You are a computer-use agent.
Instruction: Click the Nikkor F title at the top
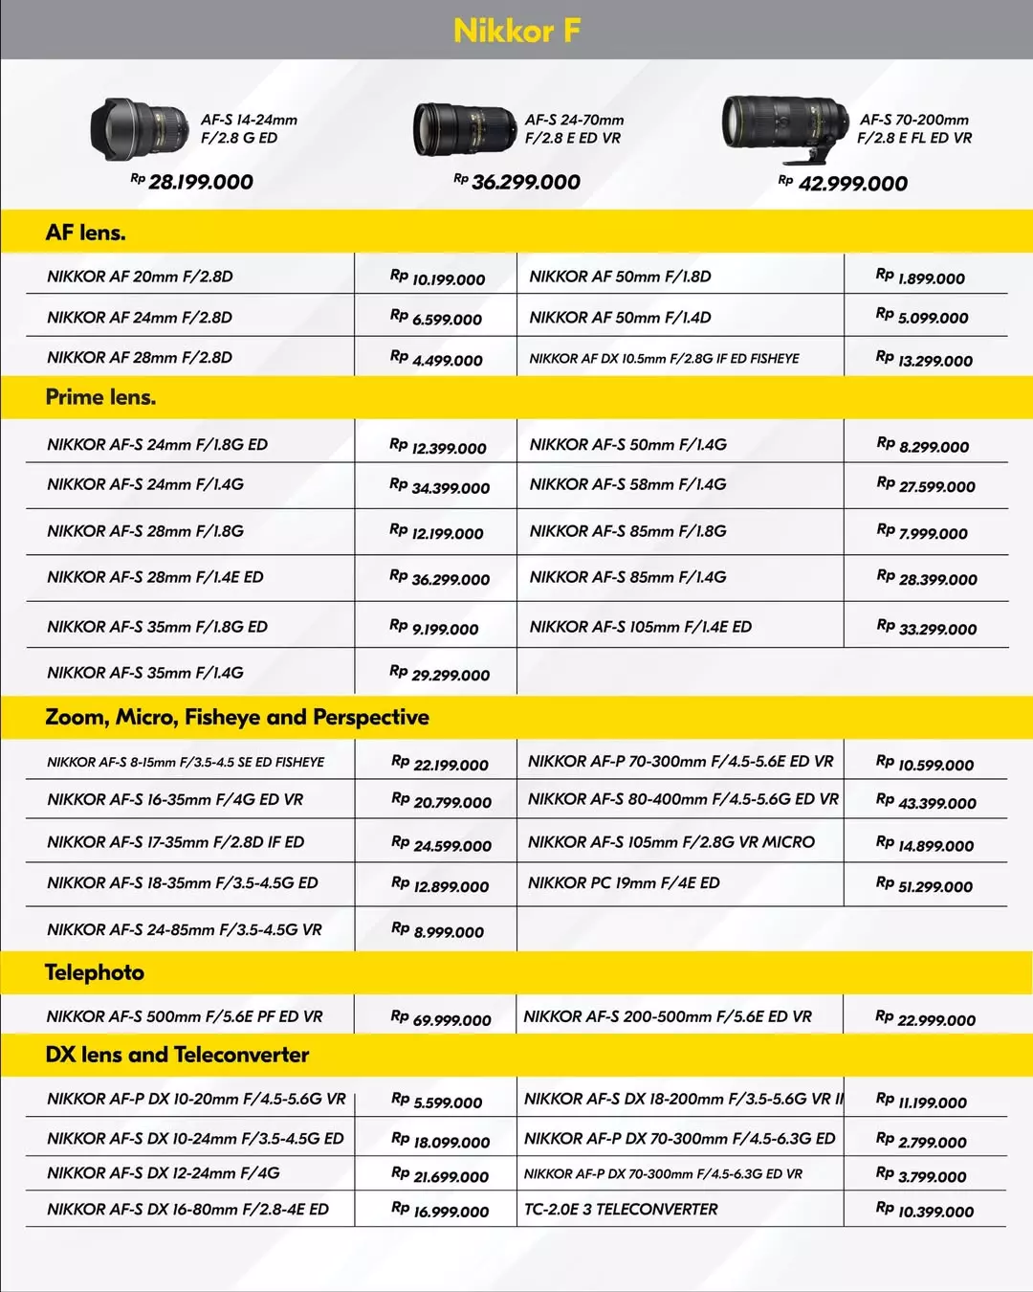tap(516, 31)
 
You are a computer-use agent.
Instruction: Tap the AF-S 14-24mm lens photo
tap(140, 128)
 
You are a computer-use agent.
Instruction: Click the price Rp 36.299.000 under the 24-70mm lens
tap(517, 182)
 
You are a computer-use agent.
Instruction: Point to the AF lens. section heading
tap(86, 233)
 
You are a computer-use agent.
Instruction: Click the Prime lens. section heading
tap(100, 397)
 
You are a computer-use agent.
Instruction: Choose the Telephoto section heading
tap(95, 972)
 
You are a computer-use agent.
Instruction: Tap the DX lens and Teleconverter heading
tap(177, 1055)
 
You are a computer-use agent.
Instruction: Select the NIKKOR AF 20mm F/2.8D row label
tap(140, 277)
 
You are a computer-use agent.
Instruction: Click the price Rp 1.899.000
tap(921, 278)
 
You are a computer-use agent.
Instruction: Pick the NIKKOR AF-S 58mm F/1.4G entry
tap(627, 484)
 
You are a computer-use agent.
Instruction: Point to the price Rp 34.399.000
tap(440, 487)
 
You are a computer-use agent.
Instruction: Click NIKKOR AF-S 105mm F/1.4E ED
tap(640, 627)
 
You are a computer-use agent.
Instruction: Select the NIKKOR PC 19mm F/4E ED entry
tap(624, 883)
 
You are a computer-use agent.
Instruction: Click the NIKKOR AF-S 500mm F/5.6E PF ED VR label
tap(185, 1016)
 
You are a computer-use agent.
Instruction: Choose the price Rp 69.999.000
tap(441, 1019)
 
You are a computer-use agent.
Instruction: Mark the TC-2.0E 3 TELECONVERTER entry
tap(621, 1210)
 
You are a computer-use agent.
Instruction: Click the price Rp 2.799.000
tap(921, 1141)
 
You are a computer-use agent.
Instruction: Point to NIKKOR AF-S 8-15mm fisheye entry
tap(186, 763)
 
